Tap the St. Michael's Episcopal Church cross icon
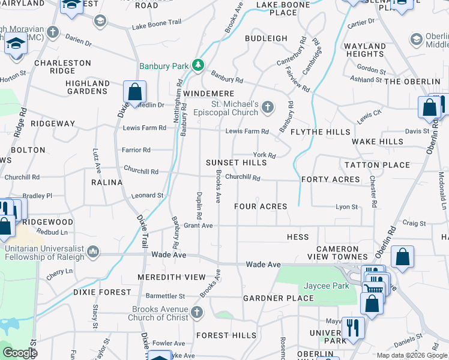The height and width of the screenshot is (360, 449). coord(268,108)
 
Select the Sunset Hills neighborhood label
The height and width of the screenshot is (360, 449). coord(236,163)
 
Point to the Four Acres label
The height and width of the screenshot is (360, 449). coord(261,206)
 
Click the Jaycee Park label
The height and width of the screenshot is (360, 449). coord(326,286)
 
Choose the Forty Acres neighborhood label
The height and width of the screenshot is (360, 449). coord(331,179)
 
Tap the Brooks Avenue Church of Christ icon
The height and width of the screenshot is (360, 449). coord(197,312)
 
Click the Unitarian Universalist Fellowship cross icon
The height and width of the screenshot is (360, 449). coord(93,251)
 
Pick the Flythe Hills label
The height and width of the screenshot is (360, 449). coord(321,132)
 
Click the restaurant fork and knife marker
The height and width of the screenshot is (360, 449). coord(352,328)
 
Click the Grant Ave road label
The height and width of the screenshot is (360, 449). coord(199,226)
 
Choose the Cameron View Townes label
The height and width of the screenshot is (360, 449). coord(347,253)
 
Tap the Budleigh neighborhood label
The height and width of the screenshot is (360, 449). coord(266,38)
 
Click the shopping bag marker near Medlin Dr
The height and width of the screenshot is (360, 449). coord(135,92)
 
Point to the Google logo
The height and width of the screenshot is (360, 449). coord(20,353)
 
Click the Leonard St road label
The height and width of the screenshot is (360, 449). coord(148,196)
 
